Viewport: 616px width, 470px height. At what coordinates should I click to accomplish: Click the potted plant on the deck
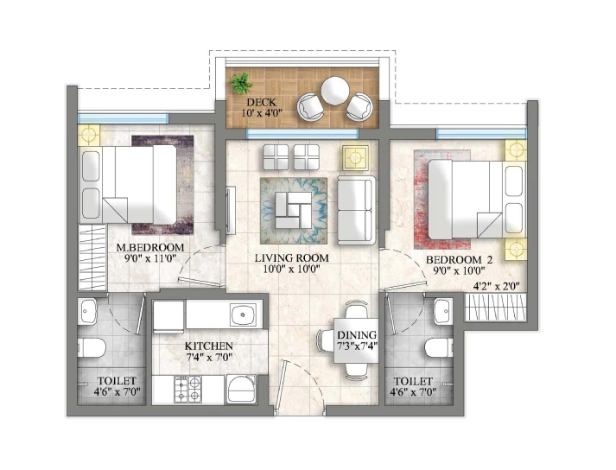tap(241, 83)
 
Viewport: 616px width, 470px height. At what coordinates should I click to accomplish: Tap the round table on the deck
tap(334, 91)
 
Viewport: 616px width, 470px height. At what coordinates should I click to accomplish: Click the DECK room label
tap(261, 103)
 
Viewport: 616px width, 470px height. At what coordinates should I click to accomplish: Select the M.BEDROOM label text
tap(150, 248)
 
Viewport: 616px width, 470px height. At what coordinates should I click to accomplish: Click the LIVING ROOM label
tap(292, 258)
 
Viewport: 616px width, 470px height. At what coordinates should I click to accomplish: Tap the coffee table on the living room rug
tap(294, 210)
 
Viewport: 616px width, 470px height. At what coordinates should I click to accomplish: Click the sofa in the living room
tap(356, 210)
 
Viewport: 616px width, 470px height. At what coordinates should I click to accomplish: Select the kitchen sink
tap(243, 314)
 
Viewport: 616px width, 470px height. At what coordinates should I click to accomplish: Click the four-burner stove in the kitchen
tap(187, 389)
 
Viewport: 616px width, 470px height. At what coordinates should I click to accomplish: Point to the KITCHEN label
tap(208, 346)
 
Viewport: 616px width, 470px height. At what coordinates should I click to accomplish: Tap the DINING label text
tap(357, 335)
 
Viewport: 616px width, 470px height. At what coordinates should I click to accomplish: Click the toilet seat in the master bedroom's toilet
tap(92, 347)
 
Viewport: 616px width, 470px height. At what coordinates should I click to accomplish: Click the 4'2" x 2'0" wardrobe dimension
tap(499, 286)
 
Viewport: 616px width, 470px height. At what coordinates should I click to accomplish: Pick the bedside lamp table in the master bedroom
tap(89, 135)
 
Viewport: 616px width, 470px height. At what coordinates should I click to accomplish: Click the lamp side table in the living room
tap(355, 157)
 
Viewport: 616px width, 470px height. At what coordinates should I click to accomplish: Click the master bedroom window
tap(123, 118)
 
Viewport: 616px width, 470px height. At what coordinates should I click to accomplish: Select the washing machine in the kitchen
tap(241, 389)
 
